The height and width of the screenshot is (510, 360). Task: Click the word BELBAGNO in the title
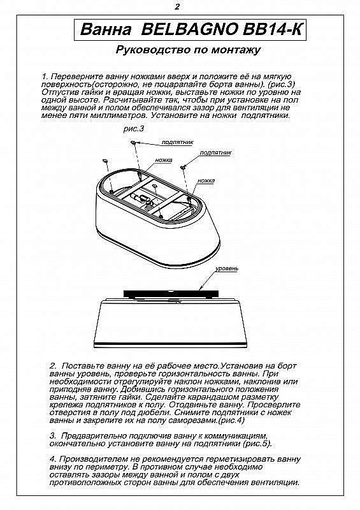tap(189, 29)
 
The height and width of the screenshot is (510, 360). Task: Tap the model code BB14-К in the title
tap(273, 29)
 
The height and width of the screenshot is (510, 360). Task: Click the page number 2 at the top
tap(177, 6)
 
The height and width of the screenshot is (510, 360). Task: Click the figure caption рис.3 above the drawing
tap(134, 129)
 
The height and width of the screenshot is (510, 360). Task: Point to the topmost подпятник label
tap(177, 142)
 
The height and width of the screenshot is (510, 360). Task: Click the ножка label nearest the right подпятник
tap(206, 180)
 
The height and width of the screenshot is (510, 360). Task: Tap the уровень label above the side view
tap(227, 268)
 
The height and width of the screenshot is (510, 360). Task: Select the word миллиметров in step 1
tap(119, 115)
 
